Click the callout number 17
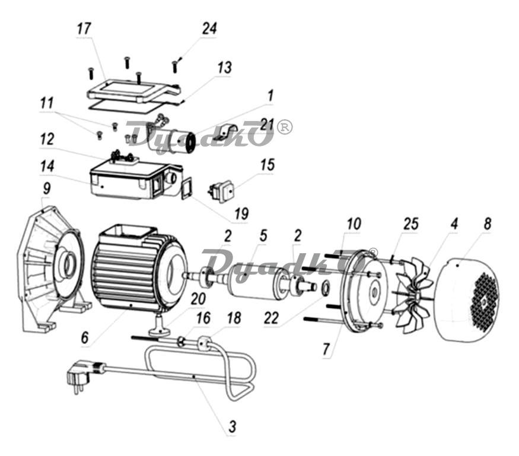(84, 29)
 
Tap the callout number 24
(209, 28)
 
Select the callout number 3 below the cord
(233, 426)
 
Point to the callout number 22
(272, 318)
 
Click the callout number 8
(488, 224)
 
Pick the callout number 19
(241, 214)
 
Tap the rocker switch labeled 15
(222, 190)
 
